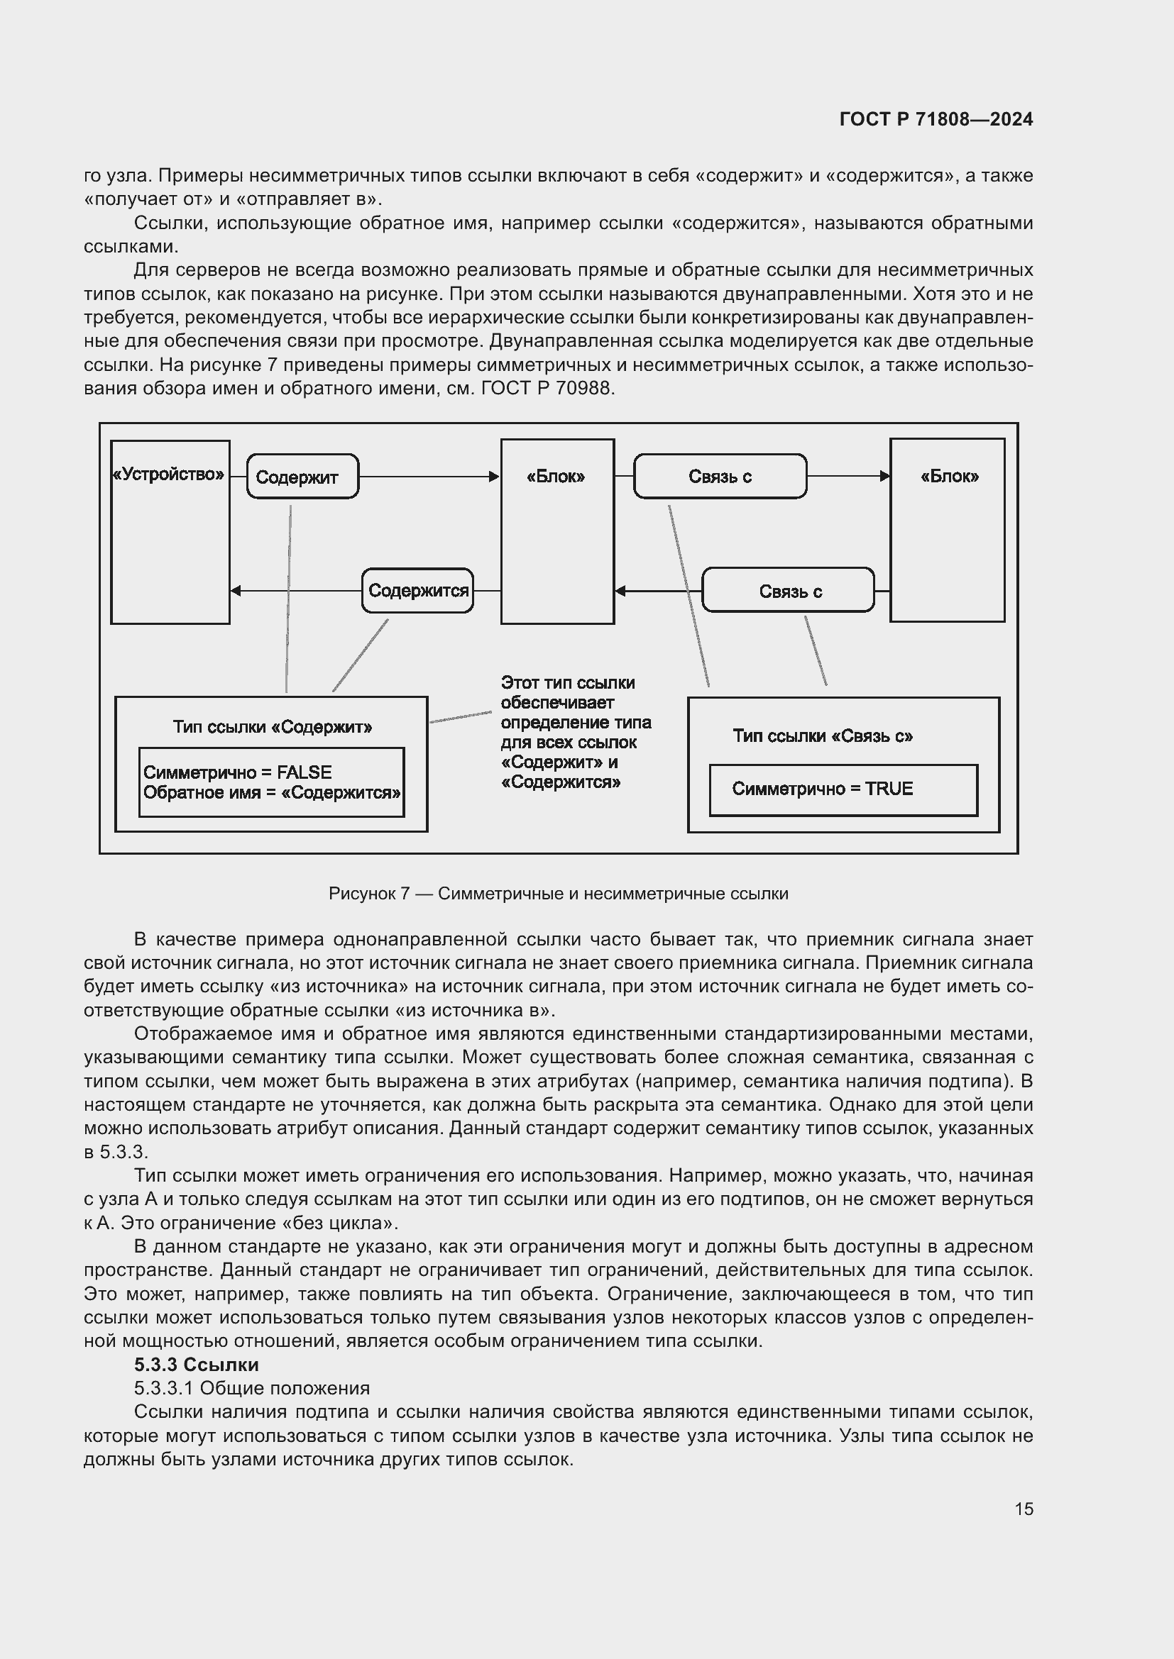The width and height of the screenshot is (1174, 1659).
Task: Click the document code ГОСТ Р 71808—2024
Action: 936,119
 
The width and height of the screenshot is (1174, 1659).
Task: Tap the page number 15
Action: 1024,1509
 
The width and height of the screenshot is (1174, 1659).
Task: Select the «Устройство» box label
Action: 168,475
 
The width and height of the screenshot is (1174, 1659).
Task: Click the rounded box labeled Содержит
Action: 302,477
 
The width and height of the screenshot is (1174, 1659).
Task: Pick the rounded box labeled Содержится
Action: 417,590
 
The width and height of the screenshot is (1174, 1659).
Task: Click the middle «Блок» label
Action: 556,477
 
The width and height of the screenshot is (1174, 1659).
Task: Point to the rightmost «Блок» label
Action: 948,477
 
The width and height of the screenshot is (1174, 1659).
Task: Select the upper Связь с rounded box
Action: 719,477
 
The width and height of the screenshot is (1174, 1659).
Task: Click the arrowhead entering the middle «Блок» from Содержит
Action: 495,477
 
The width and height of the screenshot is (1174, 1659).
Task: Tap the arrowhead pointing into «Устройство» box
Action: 236,590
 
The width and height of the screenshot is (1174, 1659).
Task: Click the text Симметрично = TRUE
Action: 822,788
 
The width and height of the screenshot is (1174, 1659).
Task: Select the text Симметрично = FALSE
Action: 237,772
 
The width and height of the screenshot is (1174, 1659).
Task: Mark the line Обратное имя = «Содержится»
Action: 272,793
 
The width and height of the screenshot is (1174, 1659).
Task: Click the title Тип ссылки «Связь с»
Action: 822,736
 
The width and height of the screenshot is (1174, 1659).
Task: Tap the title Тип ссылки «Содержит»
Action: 272,727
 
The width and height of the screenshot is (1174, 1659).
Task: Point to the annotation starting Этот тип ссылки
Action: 575,732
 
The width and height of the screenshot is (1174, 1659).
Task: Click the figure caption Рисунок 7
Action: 558,894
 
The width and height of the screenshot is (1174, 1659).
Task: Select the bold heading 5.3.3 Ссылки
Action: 196,1365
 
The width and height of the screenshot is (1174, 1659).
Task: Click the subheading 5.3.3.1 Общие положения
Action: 251,1388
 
